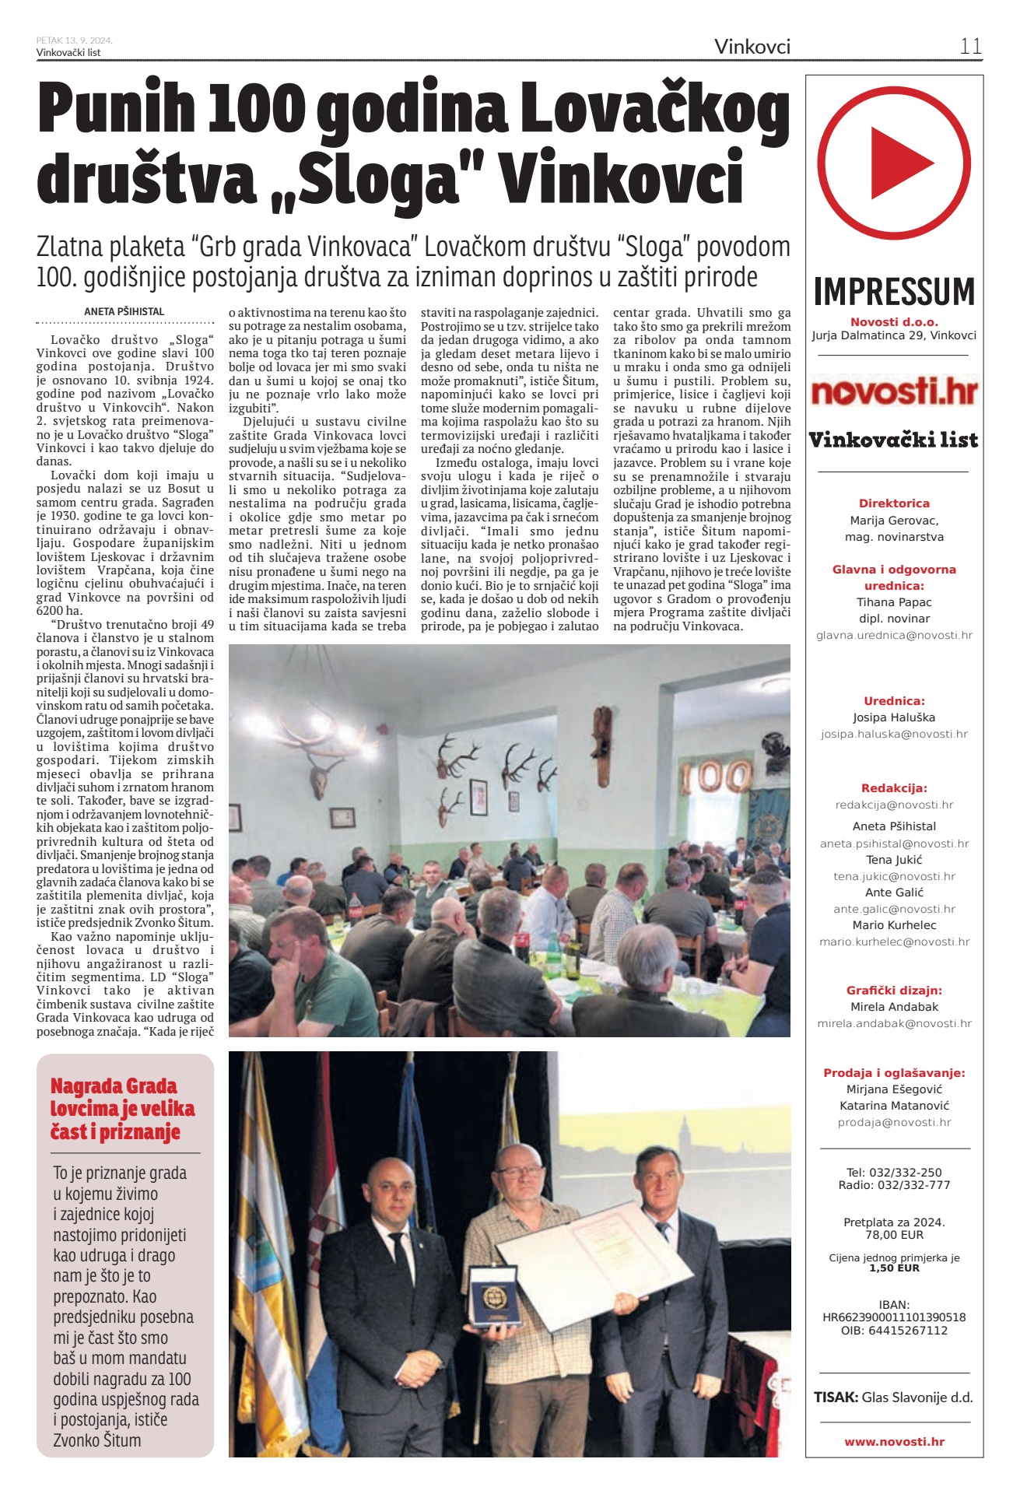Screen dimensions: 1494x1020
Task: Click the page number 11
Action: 970,46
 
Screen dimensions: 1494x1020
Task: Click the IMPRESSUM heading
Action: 894,292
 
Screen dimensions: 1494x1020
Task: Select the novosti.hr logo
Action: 894,391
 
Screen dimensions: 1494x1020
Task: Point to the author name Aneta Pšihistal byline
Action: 124,311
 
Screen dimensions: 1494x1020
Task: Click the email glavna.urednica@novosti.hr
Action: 894,635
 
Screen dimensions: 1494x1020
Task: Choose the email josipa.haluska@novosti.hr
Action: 894,734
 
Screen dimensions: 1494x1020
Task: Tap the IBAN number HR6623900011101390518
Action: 894,1317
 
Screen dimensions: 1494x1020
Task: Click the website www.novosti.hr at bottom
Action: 894,1442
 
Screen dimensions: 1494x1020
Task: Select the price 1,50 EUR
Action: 894,1268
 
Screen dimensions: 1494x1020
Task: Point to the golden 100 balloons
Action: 717,777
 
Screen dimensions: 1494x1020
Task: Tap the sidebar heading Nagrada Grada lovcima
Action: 122,1108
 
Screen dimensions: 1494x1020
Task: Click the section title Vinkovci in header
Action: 752,47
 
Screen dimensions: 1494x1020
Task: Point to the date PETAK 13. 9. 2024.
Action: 75,40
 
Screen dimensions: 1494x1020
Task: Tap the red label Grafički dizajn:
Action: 894,991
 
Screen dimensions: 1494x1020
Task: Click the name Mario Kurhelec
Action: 894,925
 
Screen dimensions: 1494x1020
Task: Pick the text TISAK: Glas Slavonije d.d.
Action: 894,1397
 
